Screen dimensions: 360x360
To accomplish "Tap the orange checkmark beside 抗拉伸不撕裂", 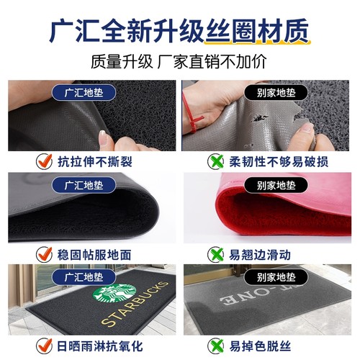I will click(42, 161).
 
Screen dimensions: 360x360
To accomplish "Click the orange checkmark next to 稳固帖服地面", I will click(42, 253).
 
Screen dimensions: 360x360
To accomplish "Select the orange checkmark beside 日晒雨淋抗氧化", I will click(42, 346).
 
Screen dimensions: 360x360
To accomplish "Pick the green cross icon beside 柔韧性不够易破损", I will click(214, 161).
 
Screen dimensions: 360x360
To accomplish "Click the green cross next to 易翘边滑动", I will click(214, 253).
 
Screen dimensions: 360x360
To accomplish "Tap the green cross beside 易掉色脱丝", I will click(214, 346).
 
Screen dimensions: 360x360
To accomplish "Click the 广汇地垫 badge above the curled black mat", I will click(84, 185).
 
